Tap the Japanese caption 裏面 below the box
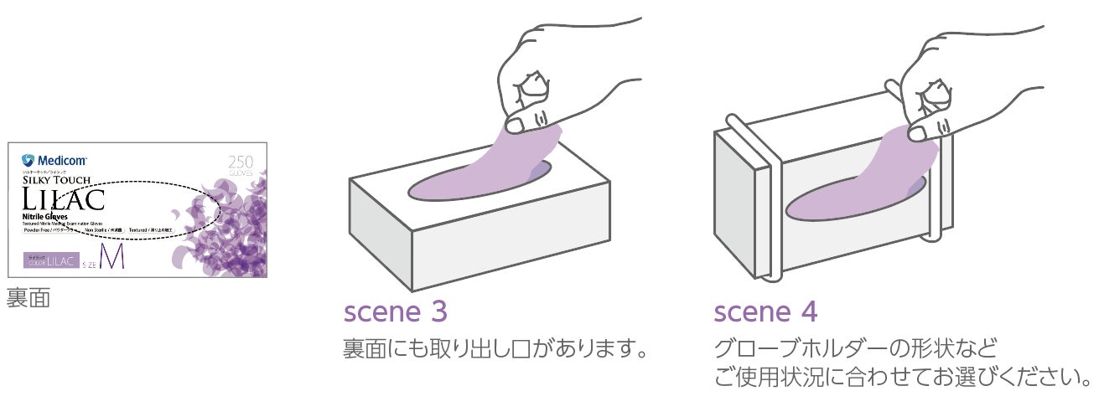[28, 299]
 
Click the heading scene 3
[396, 312]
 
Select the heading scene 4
[765, 312]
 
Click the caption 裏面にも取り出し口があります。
[497, 346]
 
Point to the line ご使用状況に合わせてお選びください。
[902, 376]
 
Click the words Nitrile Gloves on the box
[46, 216]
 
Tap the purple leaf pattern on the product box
[226, 226]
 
